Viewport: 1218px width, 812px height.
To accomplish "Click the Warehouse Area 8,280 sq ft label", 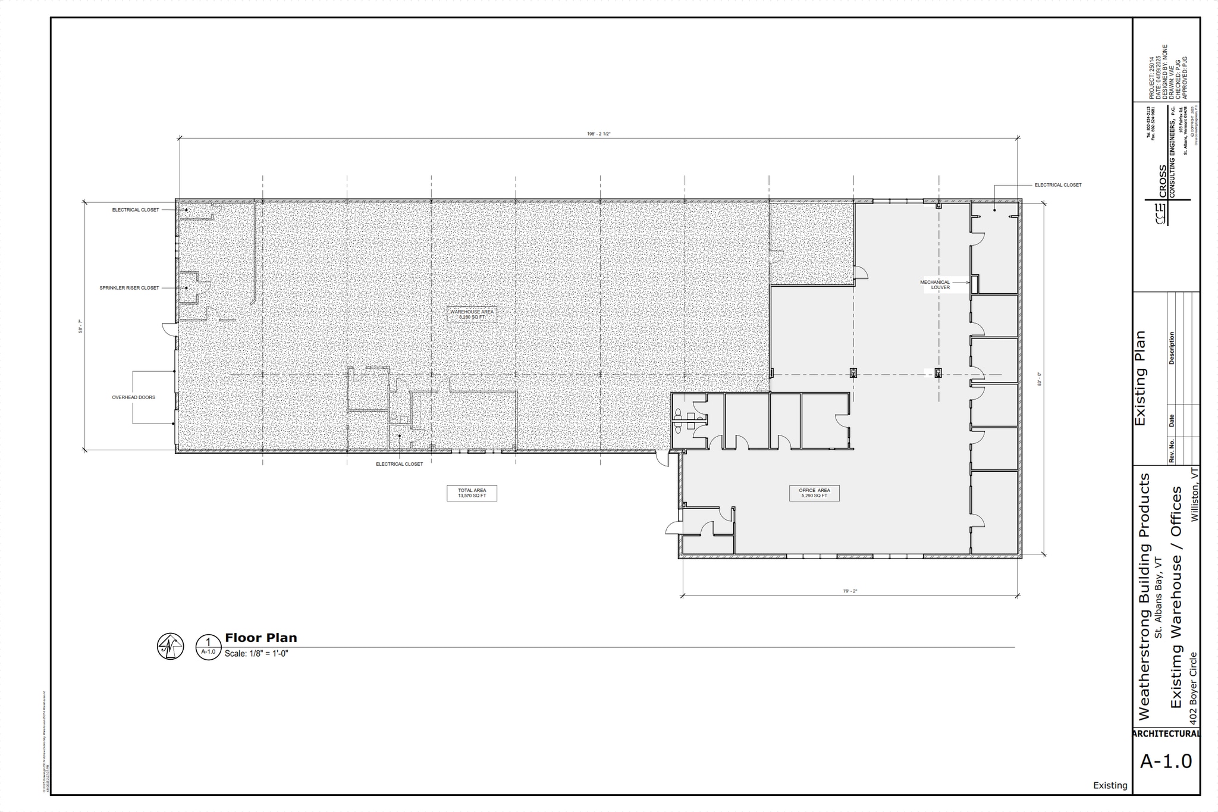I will (472, 314).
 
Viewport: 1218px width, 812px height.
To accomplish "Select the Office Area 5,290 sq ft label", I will (814, 493).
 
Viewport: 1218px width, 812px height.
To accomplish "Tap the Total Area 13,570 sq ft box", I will (472, 493).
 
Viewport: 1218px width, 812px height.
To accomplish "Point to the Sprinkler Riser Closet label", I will (129, 288).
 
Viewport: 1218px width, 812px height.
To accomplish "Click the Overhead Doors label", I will (133, 397).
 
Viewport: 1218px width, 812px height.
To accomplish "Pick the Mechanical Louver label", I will (935, 285).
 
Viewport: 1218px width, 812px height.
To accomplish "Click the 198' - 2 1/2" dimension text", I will (598, 134).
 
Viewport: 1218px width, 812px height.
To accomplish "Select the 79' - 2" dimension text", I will (850, 591).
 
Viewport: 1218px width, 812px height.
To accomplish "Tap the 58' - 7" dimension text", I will (80, 325).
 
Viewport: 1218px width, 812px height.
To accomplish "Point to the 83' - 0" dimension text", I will (1039, 379).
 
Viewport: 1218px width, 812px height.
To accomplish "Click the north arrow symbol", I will (170, 646).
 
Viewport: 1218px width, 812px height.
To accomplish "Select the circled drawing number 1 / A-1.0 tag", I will (208, 647).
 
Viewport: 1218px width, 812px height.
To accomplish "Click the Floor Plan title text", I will (260, 638).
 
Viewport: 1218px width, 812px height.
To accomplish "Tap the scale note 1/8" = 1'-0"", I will (256, 654).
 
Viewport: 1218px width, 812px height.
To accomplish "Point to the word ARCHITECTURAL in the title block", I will (1166, 734).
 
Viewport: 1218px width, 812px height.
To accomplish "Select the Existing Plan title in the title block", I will (1140, 378).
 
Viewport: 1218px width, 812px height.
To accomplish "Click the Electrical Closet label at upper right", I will (1057, 185).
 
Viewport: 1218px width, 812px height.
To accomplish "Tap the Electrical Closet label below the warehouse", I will (399, 464).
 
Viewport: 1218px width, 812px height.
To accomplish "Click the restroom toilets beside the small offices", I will (678, 420).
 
